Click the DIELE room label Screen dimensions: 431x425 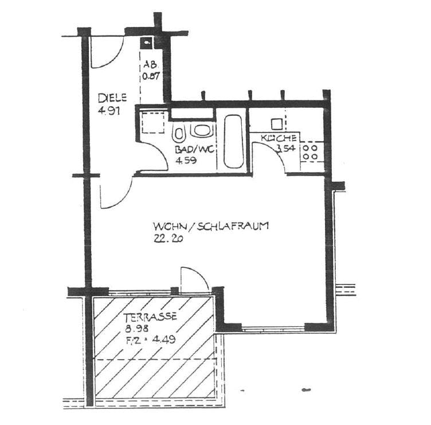[x=112, y=98]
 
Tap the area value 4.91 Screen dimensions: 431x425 [x=109, y=111]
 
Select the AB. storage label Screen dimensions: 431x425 [x=150, y=65]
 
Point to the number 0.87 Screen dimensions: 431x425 [x=151, y=76]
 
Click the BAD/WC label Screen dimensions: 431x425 [x=194, y=150]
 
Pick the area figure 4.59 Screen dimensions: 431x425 [x=186, y=161]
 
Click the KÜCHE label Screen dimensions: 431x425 [x=279, y=138]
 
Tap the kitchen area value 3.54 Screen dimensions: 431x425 [x=286, y=149]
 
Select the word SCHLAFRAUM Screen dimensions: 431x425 [x=233, y=226]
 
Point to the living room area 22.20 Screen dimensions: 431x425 [x=169, y=239]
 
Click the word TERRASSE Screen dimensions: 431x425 [x=150, y=317]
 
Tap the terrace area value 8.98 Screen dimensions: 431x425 [x=137, y=328]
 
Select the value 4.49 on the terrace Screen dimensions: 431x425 [x=164, y=340]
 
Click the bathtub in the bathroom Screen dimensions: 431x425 [x=233, y=142]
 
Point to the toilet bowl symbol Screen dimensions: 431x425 [x=179, y=133]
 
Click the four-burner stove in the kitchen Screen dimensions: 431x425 [x=310, y=152]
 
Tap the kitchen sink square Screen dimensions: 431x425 [x=276, y=124]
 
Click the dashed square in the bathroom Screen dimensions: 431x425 [x=153, y=122]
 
